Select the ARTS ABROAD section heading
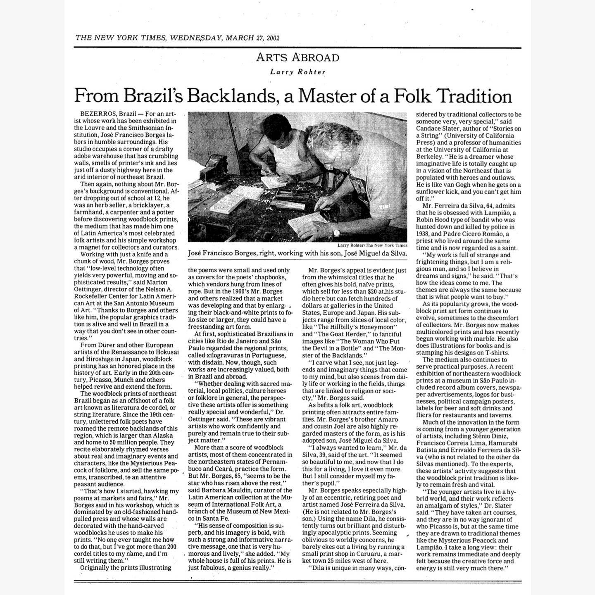(x=297, y=57)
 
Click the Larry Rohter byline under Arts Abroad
(x=297, y=72)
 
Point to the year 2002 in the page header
(x=273, y=38)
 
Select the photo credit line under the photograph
(x=372, y=245)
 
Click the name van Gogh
(x=460, y=185)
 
